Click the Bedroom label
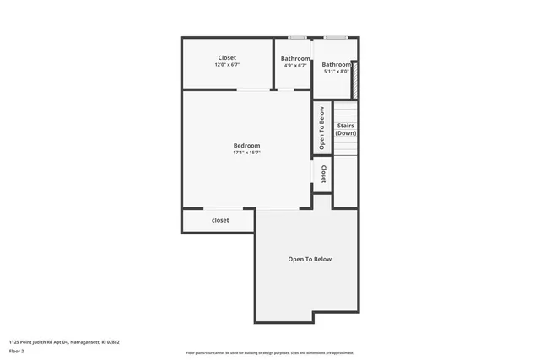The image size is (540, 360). pos(246,146)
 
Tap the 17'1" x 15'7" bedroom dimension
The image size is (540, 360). pos(246,153)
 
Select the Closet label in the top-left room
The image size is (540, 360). pos(227,58)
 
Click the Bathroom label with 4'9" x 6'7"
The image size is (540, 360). pos(295,58)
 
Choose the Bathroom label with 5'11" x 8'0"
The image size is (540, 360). pos(336,64)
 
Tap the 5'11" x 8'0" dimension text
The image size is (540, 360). pos(336,72)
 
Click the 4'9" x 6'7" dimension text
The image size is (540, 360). pos(295,66)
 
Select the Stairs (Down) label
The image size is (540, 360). pos(345,129)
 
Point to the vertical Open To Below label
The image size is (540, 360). pos(321,127)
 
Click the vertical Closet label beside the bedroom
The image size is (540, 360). pos(323,174)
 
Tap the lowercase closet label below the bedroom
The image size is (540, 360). pos(220,220)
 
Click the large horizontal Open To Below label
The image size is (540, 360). pos(310,259)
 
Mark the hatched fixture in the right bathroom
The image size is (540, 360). pos(354,78)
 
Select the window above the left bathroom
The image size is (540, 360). pos(297,38)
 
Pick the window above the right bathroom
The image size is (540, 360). pos(335,38)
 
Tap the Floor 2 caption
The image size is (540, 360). pos(17,351)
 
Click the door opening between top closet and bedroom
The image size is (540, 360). pos(253,89)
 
